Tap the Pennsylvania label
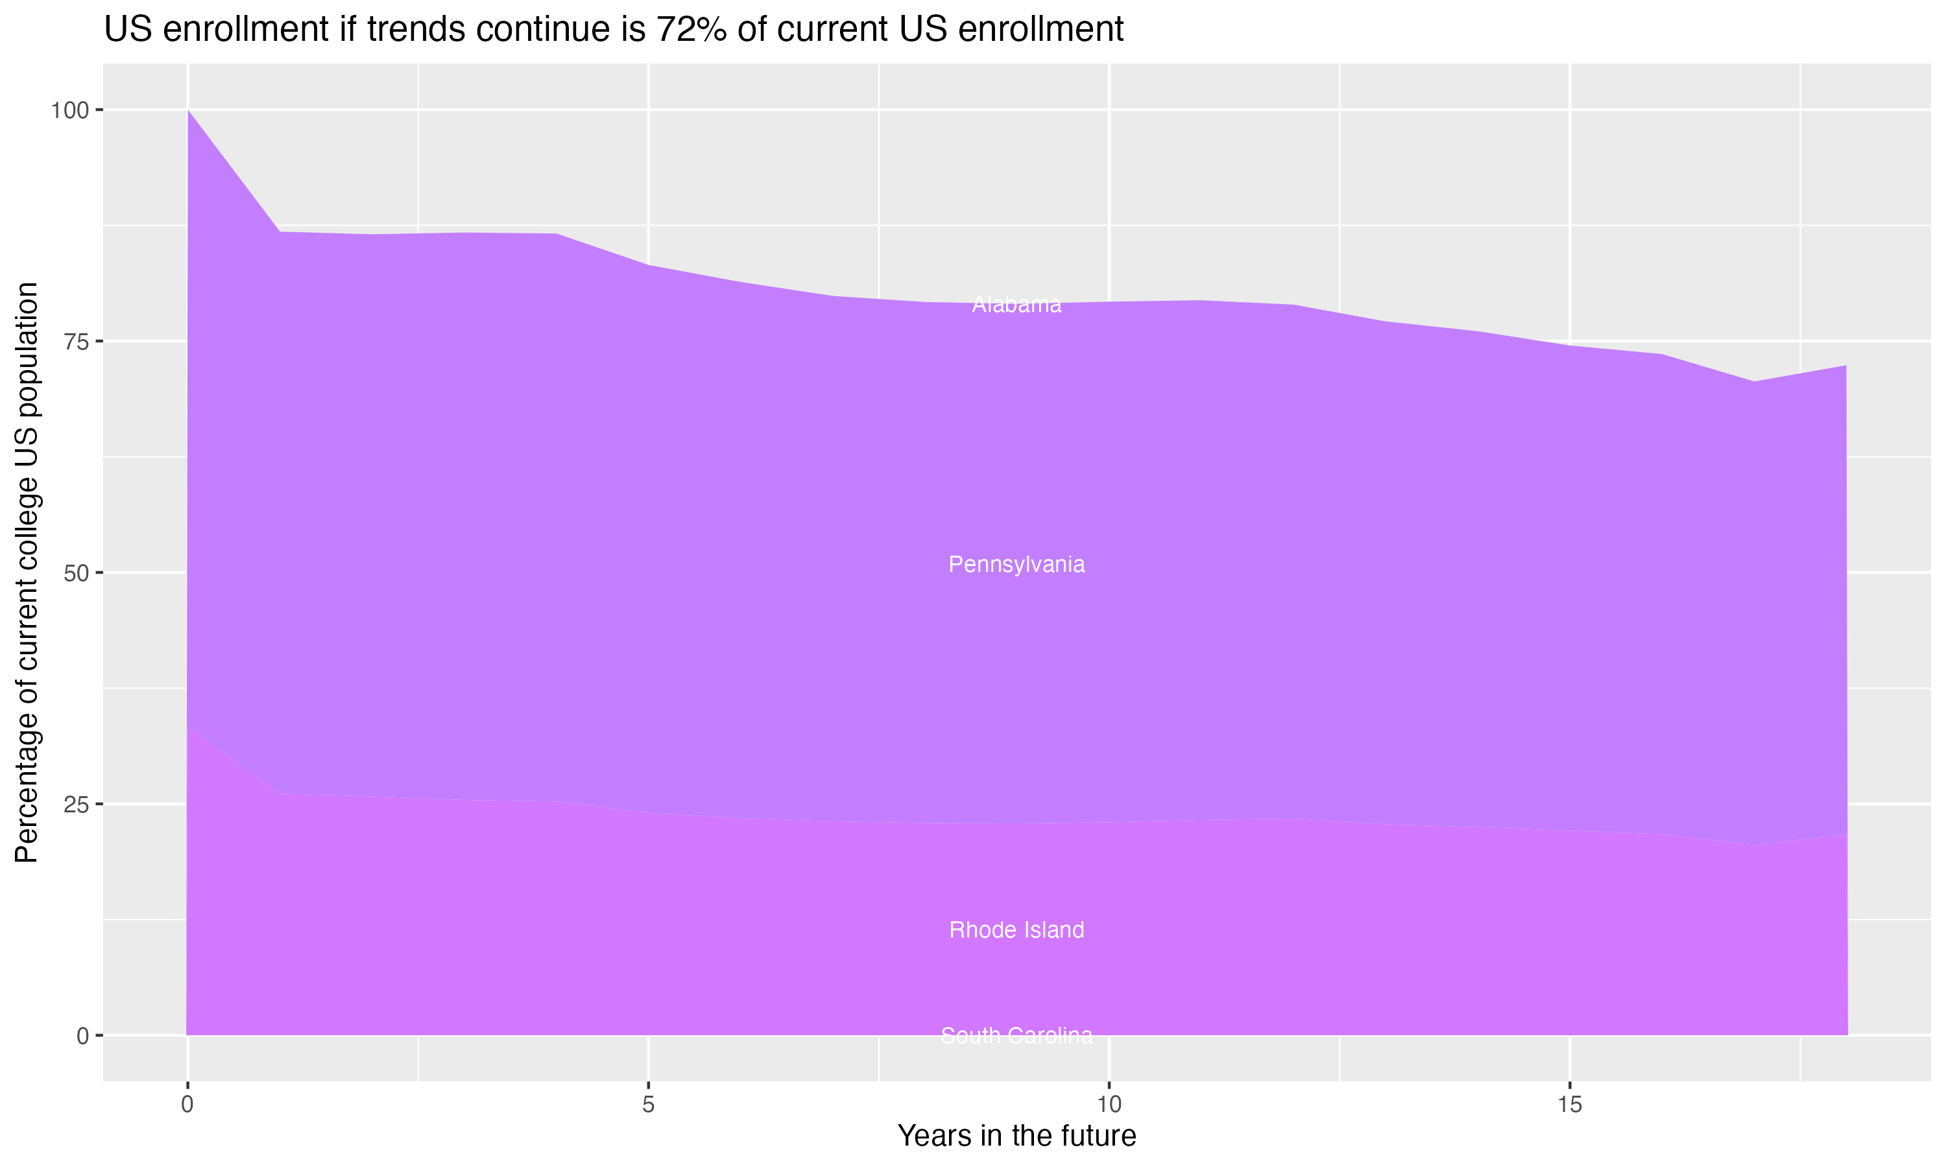1016,565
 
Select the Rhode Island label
1016,930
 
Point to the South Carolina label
1016,1035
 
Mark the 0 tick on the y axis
82,1035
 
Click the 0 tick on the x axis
187,1105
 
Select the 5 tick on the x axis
648,1105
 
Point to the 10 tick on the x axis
1109,1105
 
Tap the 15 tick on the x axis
1569,1105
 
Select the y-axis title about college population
27,572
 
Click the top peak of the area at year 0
188,111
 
